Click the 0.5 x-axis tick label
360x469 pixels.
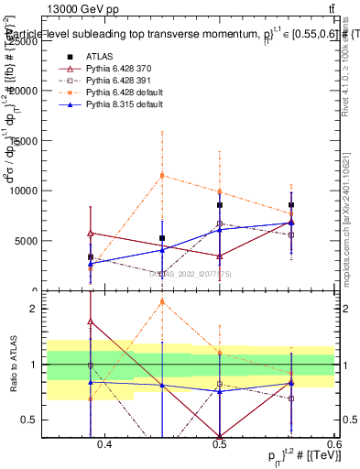[220, 444]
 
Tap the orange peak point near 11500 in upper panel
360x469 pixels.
[162, 175]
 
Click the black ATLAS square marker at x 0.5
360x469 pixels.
[220, 205]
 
